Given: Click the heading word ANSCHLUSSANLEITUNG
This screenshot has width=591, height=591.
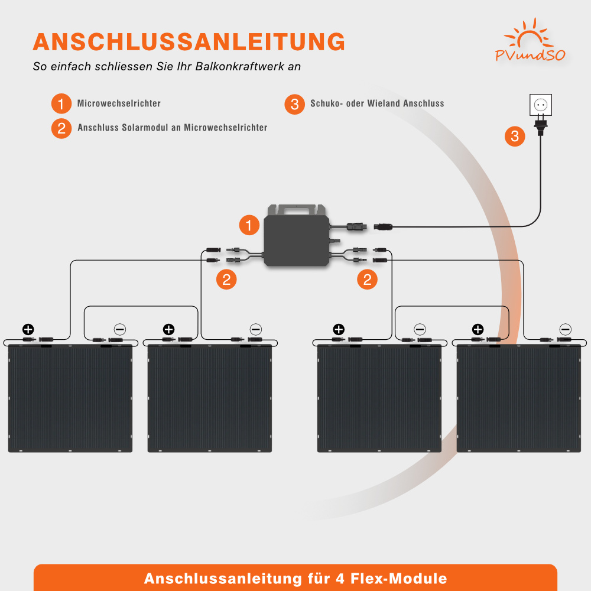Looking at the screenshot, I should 189,41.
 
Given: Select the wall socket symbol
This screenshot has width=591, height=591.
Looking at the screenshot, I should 540,106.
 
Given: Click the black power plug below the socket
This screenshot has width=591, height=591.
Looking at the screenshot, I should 540,126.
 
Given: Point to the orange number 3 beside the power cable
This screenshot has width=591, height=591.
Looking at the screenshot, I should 515,137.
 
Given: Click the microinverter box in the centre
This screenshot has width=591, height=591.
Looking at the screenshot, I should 295,239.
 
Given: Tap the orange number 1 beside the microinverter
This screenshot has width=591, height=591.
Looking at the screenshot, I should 249,225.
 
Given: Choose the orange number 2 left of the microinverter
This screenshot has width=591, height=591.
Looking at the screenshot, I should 226,279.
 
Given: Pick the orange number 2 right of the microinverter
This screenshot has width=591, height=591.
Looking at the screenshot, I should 367,279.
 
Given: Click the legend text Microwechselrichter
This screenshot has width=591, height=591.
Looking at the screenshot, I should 119,103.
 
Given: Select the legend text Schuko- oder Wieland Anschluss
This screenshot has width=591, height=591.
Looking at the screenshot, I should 377,103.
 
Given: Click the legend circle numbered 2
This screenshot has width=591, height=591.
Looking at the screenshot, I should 61,128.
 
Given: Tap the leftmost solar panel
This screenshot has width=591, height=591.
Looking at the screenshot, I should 70,399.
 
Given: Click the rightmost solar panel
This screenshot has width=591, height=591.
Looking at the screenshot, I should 520,399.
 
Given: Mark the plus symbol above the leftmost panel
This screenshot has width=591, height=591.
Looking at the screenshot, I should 28,329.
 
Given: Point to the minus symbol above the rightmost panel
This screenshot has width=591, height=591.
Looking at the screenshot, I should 566,329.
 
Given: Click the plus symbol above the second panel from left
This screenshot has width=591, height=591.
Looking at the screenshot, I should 168,329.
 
